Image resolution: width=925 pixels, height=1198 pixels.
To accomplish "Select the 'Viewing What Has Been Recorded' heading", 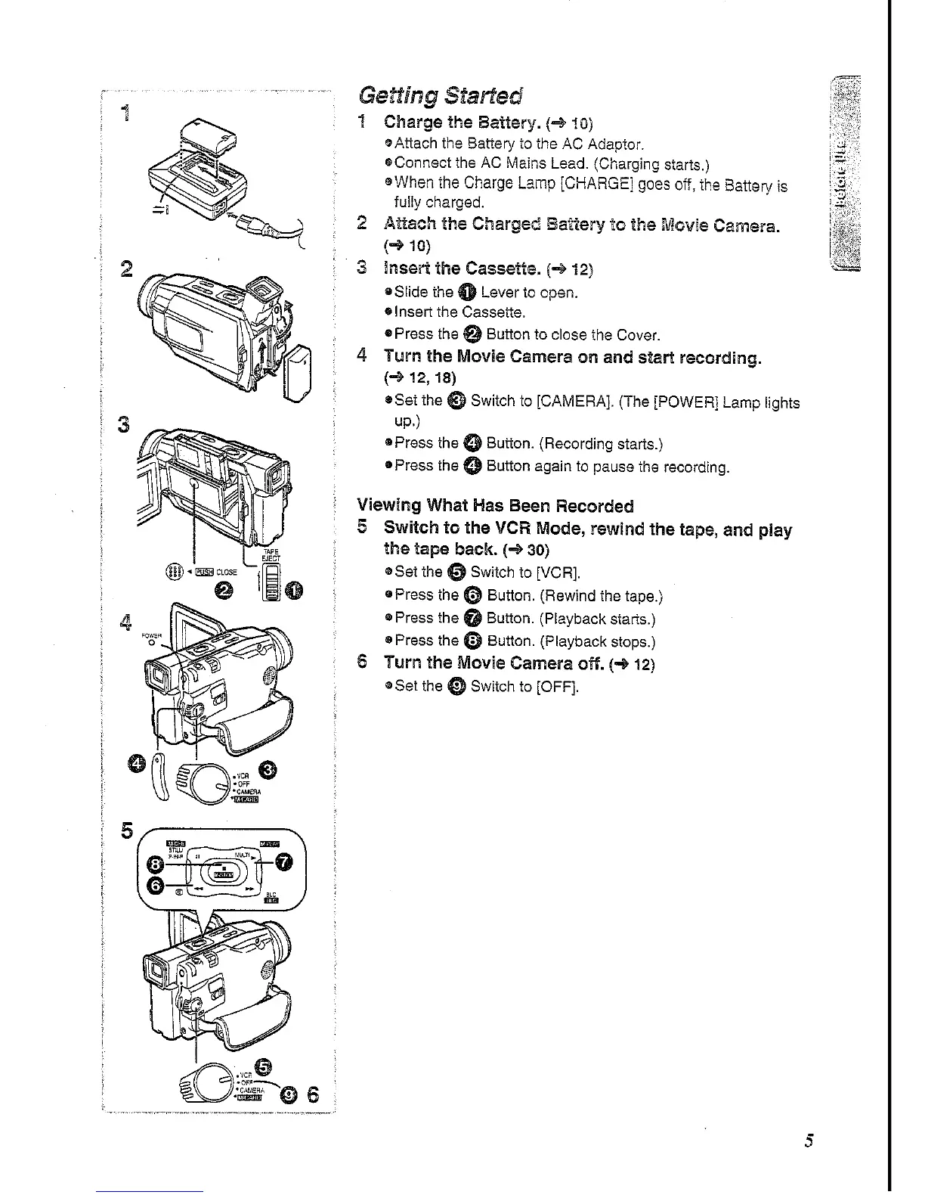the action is pyautogui.click(x=494, y=505).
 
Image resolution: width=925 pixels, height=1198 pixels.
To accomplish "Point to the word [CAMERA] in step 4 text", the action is pyautogui.click(x=574, y=401).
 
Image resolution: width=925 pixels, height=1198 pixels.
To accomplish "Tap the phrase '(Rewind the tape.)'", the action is pyautogui.click(x=601, y=596).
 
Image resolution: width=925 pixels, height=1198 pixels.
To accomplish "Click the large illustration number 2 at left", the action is pyautogui.click(x=126, y=269).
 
